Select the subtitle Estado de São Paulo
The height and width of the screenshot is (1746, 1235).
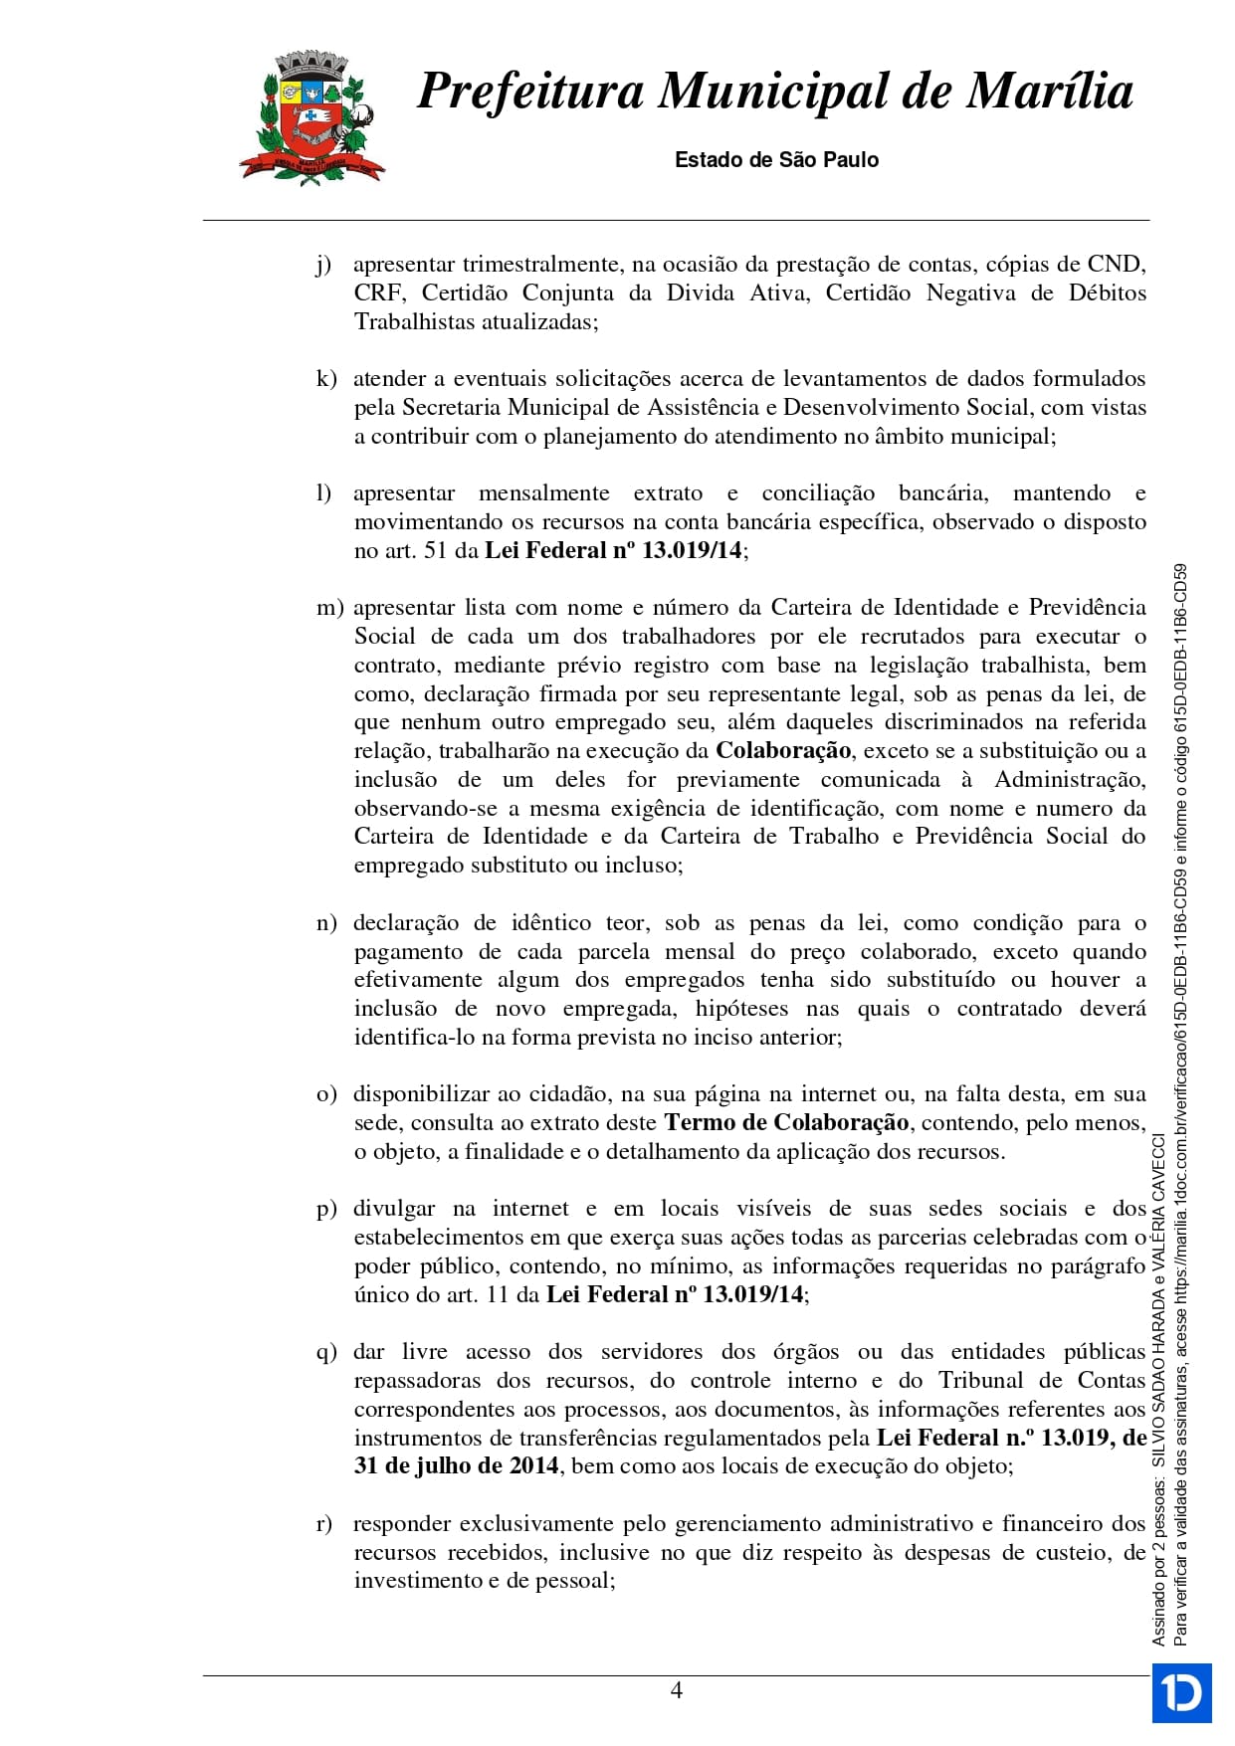[776, 159]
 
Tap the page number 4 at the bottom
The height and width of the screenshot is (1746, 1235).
[677, 1689]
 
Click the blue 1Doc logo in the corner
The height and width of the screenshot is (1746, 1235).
[1181, 1692]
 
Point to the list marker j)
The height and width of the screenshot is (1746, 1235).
[323, 265]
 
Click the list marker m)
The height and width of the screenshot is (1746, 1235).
[329, 608]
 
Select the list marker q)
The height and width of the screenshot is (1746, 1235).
[325, 1352]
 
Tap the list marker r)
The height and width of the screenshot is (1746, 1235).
[324, 1524]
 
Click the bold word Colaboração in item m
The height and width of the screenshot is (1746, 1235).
[783, 750]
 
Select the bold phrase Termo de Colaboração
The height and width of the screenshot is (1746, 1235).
[786, 1122]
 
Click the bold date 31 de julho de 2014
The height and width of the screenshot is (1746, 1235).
[457, 1465]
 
